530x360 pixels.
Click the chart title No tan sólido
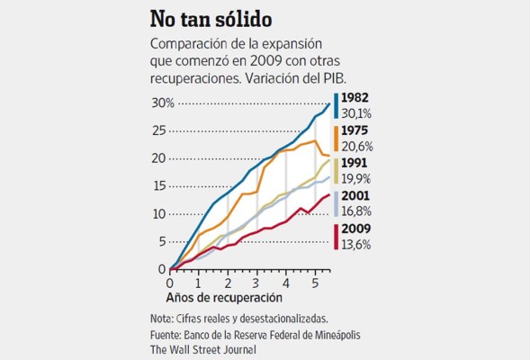click(213, 20)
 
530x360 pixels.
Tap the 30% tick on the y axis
click(162, 103)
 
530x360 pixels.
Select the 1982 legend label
click(356, 99)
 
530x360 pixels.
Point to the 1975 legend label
click(356, 131)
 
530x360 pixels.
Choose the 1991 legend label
click(356, 164)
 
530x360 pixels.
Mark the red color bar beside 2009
click(336, 236)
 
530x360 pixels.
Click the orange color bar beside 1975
click(336, 139)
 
